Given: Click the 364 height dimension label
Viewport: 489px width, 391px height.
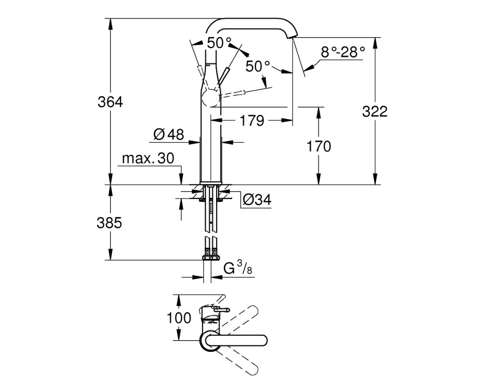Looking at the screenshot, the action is [111, 102].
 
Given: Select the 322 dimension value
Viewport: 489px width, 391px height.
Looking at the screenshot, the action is [375, 111].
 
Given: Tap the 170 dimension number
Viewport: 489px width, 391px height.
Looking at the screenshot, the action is [318, 146].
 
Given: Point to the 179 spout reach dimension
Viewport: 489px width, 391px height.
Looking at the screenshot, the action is [252, 120].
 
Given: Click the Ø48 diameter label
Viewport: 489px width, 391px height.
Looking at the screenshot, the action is [169, 134].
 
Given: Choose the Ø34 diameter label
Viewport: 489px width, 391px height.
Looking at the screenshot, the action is [257, 199].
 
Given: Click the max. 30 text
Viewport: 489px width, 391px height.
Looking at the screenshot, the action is [148, 158].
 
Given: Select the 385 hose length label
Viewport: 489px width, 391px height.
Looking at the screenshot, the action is [110, 223].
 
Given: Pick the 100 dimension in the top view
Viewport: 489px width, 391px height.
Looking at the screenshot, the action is [179, 318].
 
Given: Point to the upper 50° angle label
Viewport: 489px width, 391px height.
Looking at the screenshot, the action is [220, 43].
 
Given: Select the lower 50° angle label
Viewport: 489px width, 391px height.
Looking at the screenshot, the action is [258, 66].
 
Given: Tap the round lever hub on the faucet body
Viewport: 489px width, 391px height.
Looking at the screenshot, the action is [210, 99].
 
